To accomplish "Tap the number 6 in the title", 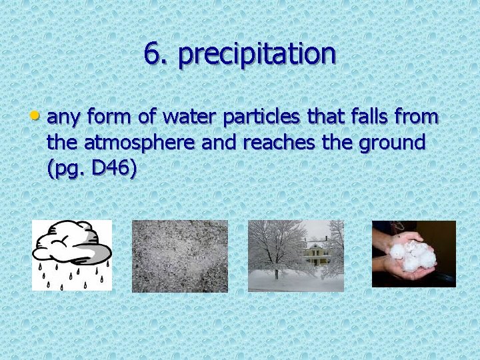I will click(152, 54).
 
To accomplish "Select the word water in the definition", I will click(187, 117).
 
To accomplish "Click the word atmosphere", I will click(139, 143).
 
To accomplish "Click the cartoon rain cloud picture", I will click(72, 255).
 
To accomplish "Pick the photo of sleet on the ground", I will click(180, 256).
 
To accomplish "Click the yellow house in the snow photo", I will click(315, 251).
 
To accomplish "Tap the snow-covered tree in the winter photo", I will click(273, 247).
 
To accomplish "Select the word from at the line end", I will click(417, 117).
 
